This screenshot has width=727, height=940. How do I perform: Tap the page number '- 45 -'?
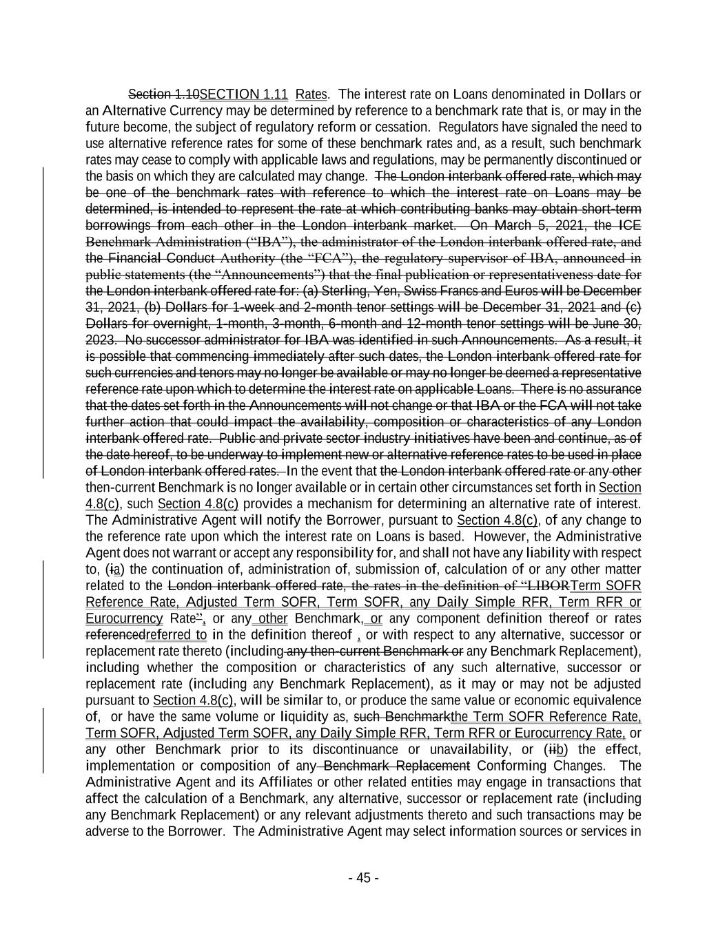tap(363, 878)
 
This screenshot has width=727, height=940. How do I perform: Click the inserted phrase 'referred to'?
tap(176, 635)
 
